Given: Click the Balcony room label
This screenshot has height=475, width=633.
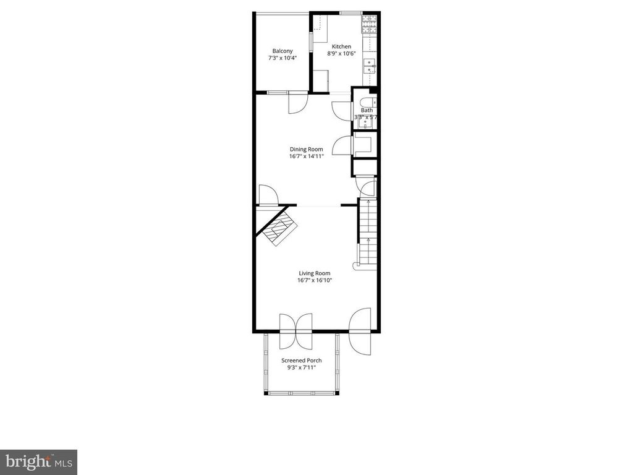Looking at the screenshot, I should (283, 51).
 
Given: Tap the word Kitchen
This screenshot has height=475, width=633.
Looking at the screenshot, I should (341, 46).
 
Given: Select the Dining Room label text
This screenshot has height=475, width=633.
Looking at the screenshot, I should (307, 149).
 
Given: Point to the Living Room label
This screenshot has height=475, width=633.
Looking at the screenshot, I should (315, 273).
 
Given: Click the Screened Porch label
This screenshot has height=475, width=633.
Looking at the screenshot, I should (301, 360).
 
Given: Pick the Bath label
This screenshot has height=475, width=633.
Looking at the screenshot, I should (367, 110).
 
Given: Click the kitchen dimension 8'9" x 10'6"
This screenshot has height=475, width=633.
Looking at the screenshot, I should (341, 54).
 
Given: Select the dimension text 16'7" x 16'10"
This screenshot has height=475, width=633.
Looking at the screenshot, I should (315, 280).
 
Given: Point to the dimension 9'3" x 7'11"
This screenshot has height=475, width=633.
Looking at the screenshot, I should (301, 367).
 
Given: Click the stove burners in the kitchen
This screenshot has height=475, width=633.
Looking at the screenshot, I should (370, 24).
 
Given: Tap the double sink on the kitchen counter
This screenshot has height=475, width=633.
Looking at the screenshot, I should (369, 66).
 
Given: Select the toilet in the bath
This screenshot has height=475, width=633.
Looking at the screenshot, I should (366, 102).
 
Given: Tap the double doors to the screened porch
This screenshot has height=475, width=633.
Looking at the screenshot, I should (297, 331).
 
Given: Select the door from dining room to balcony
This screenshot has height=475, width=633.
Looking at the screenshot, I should (297, 101).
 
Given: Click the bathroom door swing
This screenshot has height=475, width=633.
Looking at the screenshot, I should (342, 110).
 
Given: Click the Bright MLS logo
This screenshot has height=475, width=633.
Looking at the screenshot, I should (38, 462).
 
